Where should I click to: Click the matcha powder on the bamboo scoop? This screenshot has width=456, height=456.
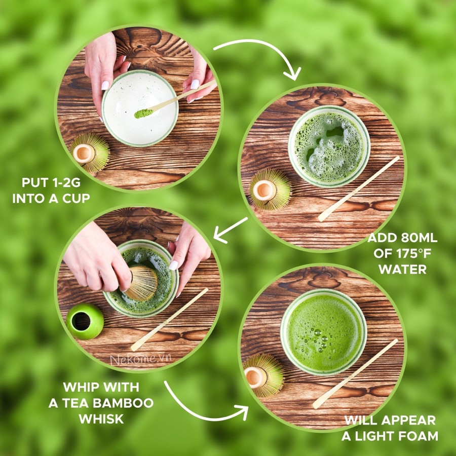coord(143,113)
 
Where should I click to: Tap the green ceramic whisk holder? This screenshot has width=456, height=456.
coord(85,321)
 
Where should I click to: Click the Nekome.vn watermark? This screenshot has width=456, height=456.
coord(141,359)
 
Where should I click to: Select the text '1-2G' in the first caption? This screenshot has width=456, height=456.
coord(66,182)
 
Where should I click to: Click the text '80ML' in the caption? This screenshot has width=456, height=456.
coord(419,238)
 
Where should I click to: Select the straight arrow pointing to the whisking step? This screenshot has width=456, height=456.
coord(231,230)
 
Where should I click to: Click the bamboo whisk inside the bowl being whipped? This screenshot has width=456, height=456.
coord(142,283)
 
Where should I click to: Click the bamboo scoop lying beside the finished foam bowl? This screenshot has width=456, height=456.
coord(355,374)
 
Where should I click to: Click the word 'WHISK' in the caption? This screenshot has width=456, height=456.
coord(101,419)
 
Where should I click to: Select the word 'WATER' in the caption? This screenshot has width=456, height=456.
coord(403,270)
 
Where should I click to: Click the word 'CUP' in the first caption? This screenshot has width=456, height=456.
coord(76,198)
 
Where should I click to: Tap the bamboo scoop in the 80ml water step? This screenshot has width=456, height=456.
coord(359,189)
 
